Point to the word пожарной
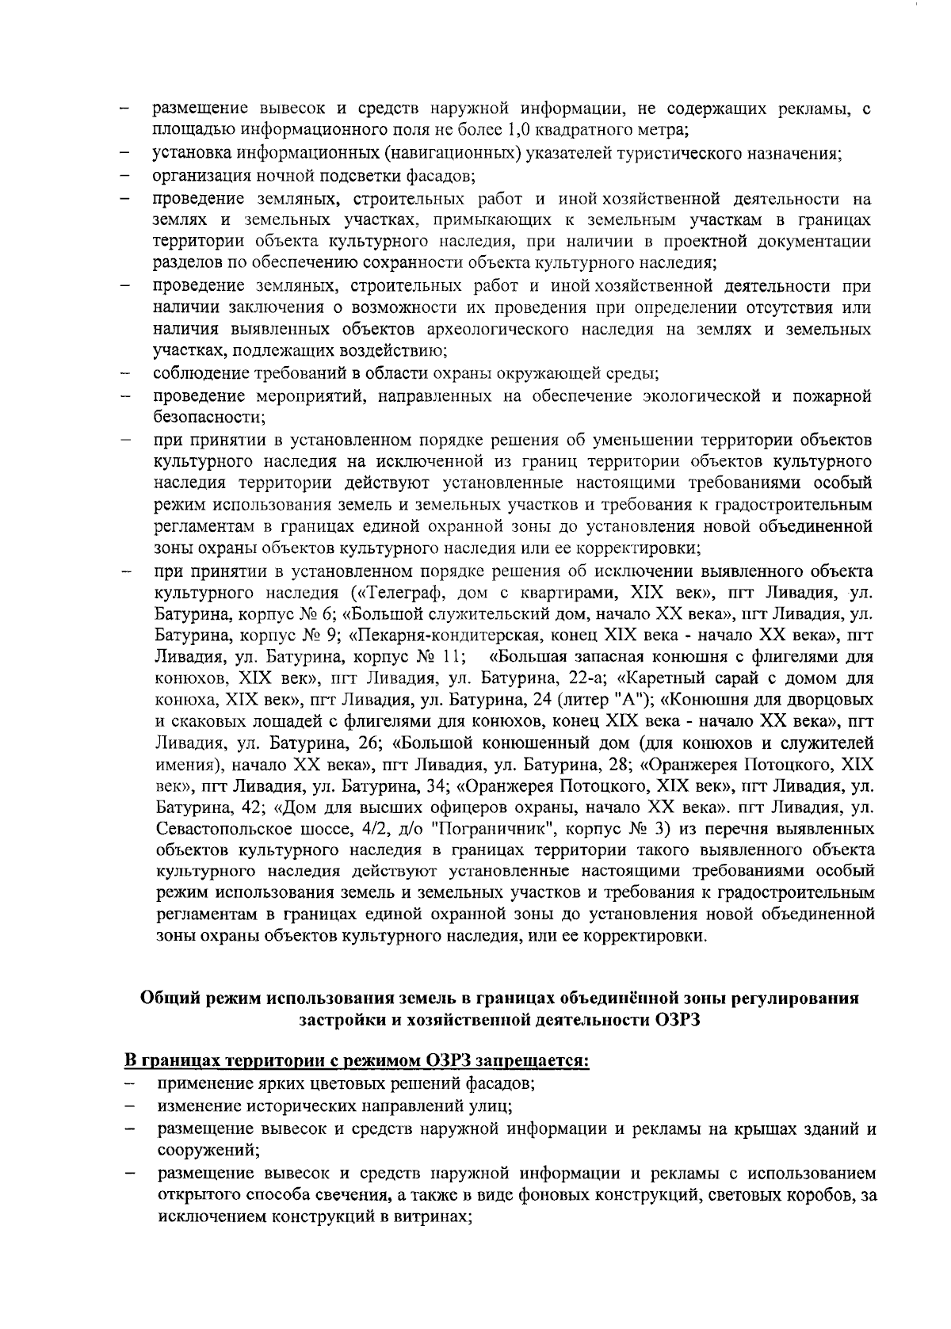click(832, 395)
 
